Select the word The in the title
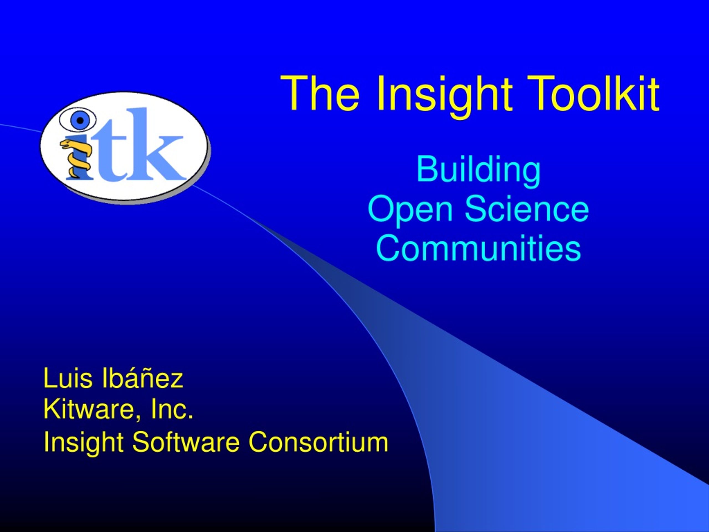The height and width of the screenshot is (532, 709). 320,94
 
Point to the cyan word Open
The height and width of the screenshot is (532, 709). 411,211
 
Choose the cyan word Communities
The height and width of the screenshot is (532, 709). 478,248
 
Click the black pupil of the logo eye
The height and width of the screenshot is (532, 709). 80,120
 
